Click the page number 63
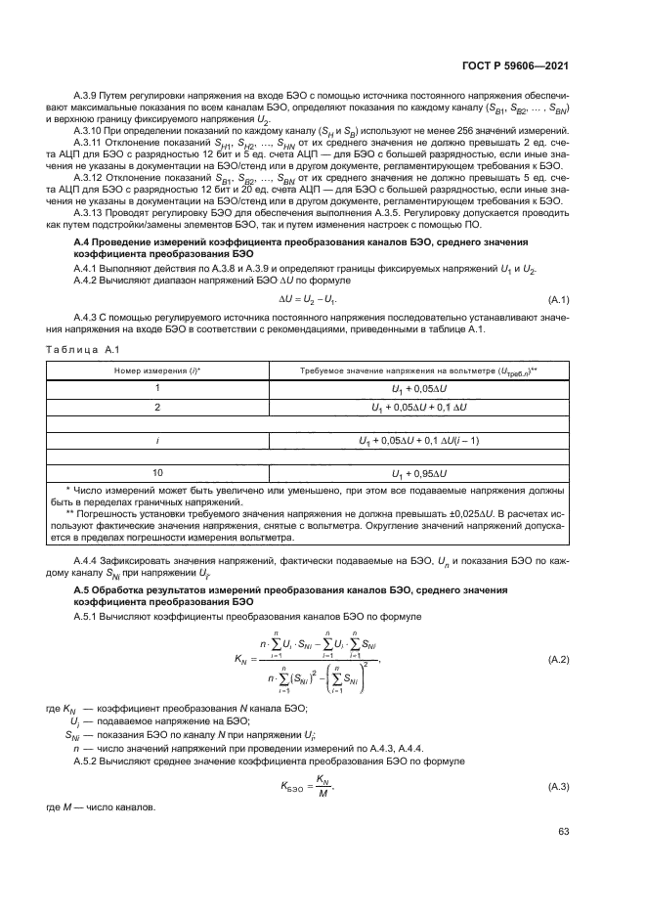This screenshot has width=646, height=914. [563, 831]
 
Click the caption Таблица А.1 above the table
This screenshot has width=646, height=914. [82, 350]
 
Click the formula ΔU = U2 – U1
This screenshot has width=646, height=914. [322, 299]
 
